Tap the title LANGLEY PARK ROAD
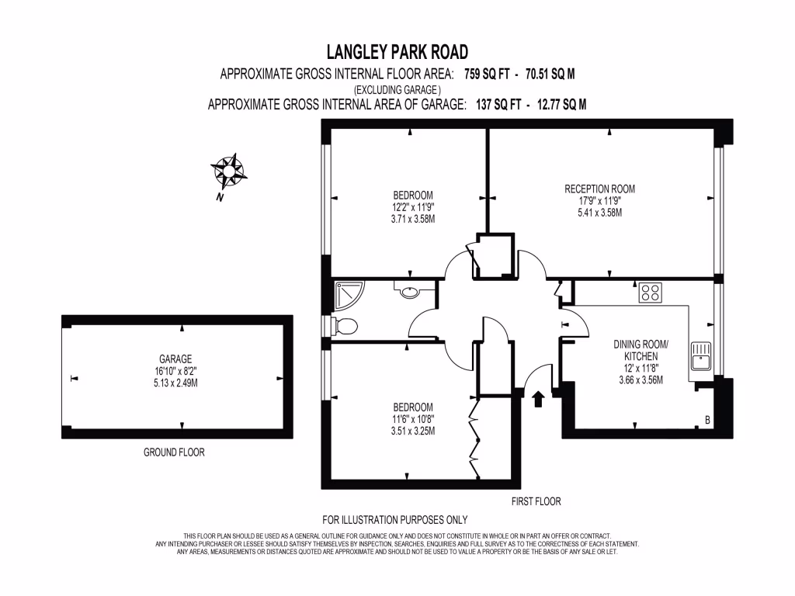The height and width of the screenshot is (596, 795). click(397, 52)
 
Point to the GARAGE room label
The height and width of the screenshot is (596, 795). click(175, 359)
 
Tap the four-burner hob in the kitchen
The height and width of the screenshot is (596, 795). click(650, 293)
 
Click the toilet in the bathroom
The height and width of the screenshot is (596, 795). click(343, 327)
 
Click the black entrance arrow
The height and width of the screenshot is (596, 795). click(537, 400)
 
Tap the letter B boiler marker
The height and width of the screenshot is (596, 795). click(706, 421)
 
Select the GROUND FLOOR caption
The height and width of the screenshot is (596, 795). click(174, 452)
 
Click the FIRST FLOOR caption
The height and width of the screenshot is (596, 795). click(536, 501)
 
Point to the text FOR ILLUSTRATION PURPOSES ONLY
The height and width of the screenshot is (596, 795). click(394, 520)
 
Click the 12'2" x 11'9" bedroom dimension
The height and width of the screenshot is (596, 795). click(412, 207)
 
